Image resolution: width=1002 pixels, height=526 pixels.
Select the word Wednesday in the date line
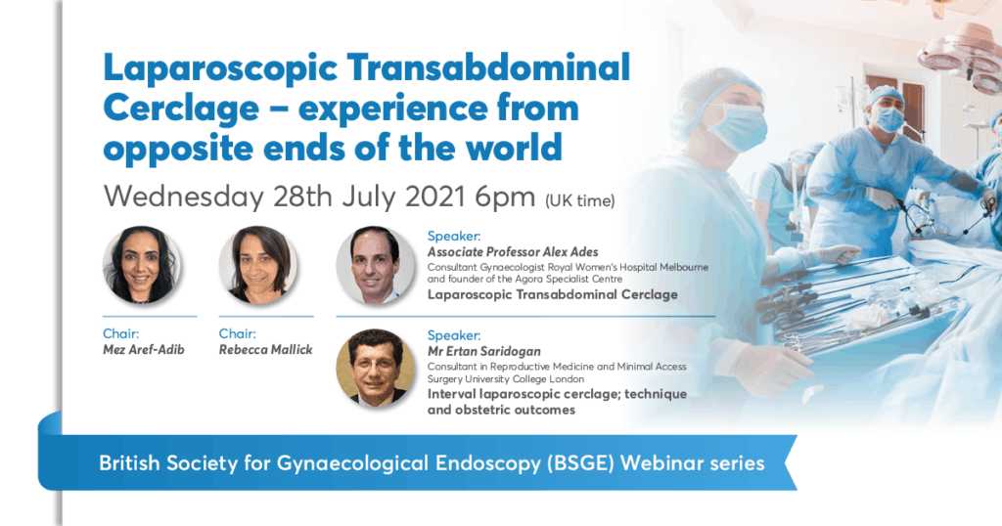pos(183,197)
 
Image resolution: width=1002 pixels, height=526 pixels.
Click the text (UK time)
pos(579,201)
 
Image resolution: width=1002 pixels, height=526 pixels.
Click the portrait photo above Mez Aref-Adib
pos(142,265)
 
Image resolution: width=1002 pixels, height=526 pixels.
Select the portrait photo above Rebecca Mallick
pos(257,265)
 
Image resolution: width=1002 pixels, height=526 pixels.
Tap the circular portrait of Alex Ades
pos(375,265)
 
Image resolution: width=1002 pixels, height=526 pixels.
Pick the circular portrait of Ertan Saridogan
pos(375,368)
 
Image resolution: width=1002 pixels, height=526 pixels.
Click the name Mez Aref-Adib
pos(143,350)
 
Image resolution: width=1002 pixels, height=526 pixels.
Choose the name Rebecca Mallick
pos(265,350)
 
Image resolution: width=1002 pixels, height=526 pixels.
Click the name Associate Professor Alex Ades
pos(513,251)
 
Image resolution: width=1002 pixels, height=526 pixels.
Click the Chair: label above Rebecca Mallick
pos(238,333)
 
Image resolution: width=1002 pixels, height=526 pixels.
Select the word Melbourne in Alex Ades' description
pos(681,266)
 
